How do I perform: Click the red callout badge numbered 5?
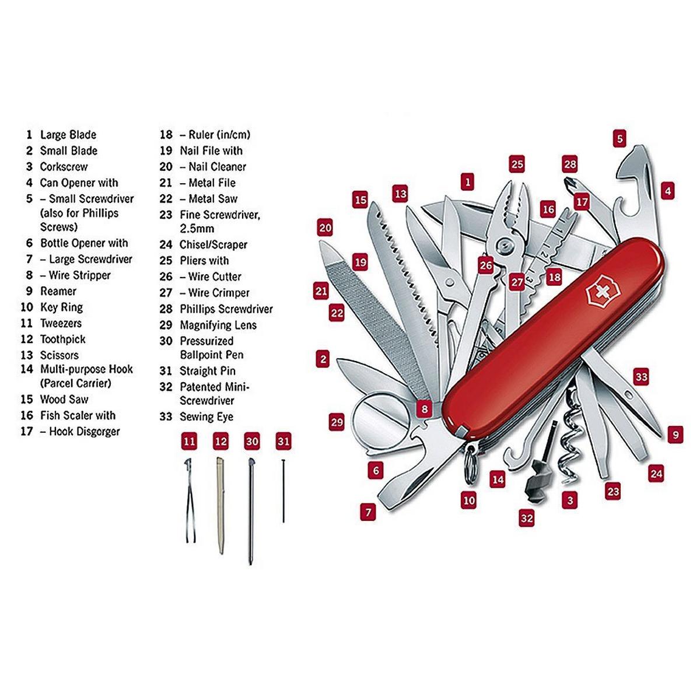point(619,138)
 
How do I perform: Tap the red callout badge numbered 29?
point(337,422)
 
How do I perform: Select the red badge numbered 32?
point(527,517)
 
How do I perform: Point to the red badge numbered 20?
point(325,228)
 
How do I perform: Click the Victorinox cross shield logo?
point(601,292)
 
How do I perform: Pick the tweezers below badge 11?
point(190,500)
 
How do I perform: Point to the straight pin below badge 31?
point(283,491)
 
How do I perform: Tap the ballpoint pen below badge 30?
point(250,511)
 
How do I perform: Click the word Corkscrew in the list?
point(64,167)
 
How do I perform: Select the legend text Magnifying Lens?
point(218,325)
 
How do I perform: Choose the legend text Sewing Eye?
point(206,416)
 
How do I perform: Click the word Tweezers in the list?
point(61,323)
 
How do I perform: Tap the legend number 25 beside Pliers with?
point(166,260)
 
